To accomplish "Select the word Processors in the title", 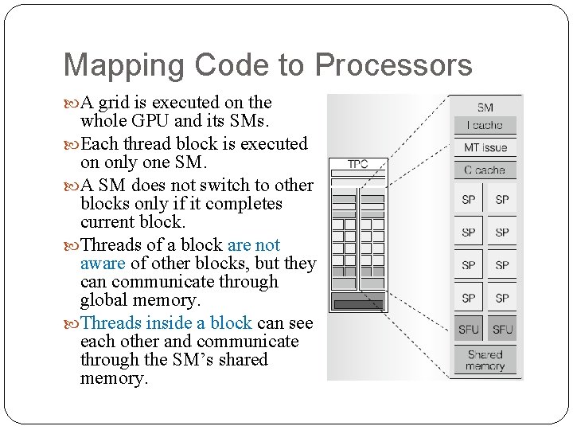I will click(393, 66).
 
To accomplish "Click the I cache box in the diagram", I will click(485, 125).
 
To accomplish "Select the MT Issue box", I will click(485, 147).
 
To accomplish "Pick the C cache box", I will click(485, 170).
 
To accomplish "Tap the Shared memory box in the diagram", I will click(485, 360).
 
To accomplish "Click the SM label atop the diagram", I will click(485, 107).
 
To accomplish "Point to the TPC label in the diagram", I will click(358, 164).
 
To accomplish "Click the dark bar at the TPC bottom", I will click(358, 303).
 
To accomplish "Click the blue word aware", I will click(103, 264).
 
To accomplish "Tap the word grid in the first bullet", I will click(130, 102).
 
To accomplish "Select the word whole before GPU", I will click(104, 121).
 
